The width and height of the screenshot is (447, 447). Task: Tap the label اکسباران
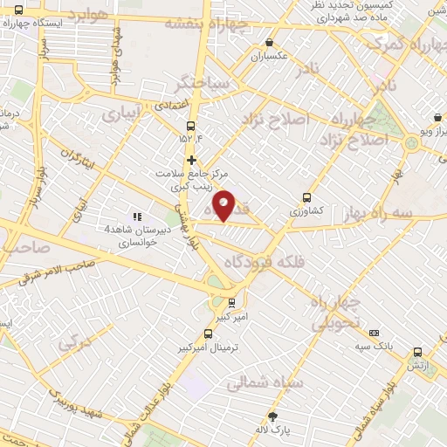[270, 57]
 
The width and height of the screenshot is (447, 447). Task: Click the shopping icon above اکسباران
[270, 42]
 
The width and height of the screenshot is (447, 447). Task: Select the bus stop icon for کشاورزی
[306, 197]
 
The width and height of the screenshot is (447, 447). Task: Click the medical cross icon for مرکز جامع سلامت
[191, 160]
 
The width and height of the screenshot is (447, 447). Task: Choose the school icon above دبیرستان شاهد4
[135, 216]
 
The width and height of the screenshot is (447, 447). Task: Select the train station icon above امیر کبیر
[230, 304]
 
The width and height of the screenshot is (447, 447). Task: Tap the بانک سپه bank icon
[375, 333]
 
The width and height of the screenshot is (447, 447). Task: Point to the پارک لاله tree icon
[272, 416]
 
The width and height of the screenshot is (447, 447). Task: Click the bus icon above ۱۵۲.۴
[190, 124]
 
